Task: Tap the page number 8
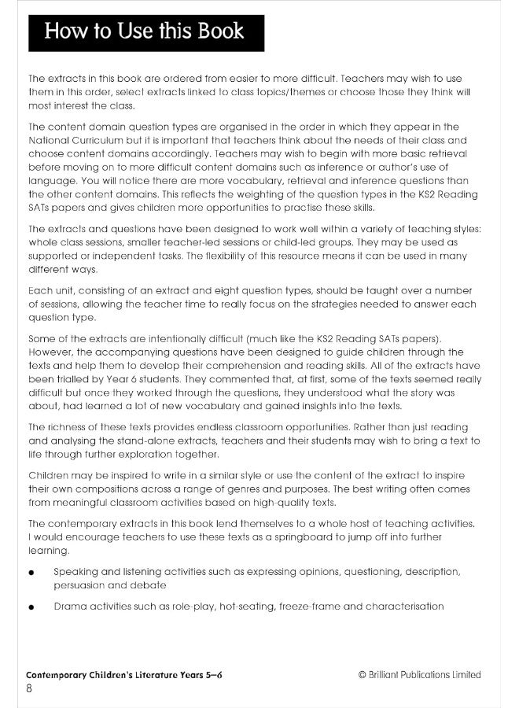point(29,689)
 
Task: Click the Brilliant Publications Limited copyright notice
point(419,675)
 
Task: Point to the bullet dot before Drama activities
point(31,607)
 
